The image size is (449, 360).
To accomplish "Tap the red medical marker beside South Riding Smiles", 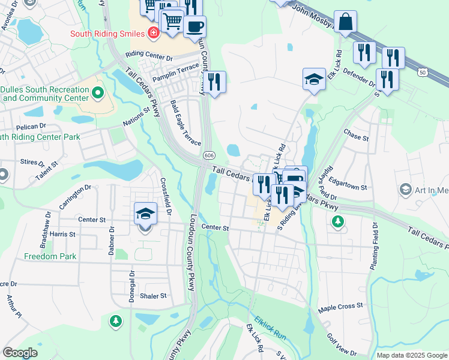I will click(x=154, y=32).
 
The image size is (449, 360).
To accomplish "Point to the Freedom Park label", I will click(x=50, y=256).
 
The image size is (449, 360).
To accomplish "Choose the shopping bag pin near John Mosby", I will click(x=345, y=23).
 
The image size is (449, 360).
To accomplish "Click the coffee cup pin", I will click(x=194, y=26).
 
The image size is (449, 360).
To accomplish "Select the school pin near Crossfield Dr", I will click(x=145, y=214).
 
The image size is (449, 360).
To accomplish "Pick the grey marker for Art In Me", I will click(x=405, y=190).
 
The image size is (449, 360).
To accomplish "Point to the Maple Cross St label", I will click(x=341, y=306).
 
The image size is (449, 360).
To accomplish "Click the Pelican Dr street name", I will click(x=32, y=127).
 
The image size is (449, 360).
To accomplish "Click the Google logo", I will click(x=20, y=353).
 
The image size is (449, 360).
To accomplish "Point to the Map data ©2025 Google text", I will click(x=412, y=355).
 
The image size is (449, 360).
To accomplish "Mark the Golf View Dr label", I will click(x=342, y=345).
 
